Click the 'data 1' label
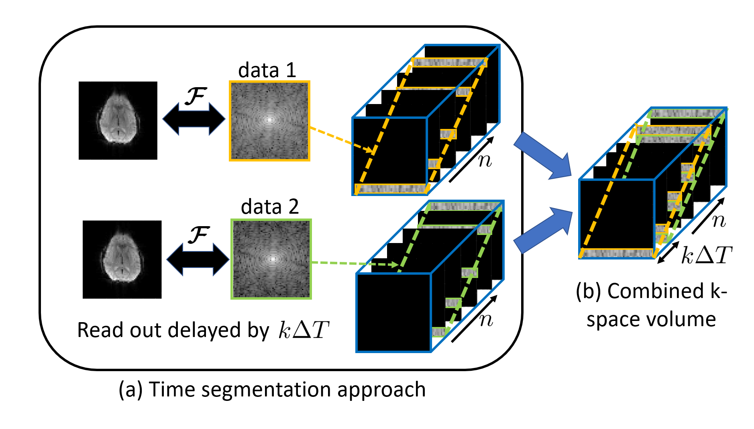(267, 70)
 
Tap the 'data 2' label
(270, 207)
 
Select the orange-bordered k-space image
(269, 121)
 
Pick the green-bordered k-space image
(271, 259)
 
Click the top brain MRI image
(118, 121)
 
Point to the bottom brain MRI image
(122, 259)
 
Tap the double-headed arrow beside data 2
(198, 259)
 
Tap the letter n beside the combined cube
(719, 220)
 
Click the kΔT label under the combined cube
(707, 255)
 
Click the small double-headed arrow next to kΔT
(668, 252)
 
